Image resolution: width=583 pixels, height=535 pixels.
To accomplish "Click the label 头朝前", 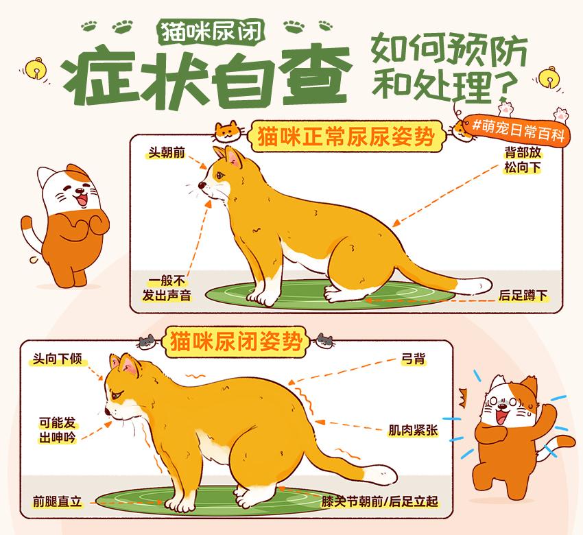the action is click(166, 152).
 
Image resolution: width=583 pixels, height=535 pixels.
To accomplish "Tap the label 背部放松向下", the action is click(523, 160).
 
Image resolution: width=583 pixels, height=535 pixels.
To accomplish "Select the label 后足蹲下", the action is click(523, 296).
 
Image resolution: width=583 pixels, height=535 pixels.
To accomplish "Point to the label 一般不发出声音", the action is click(167, 288).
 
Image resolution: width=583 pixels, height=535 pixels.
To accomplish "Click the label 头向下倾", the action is click(57, 359).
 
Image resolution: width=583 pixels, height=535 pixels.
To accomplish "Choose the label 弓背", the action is click(413, 359).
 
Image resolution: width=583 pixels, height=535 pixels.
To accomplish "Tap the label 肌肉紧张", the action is click(413, 430).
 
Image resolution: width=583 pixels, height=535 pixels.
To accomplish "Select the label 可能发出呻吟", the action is click(57, 430).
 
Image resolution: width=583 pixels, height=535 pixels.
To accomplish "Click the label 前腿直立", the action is click(57, 502).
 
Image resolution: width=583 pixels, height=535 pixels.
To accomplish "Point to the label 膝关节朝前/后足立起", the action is click(379, 502).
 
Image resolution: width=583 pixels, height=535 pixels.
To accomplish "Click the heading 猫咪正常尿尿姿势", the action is click(346, 136).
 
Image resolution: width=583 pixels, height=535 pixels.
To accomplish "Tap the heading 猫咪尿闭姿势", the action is click(236, 342).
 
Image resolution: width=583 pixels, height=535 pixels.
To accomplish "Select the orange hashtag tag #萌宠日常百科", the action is click(517, 130).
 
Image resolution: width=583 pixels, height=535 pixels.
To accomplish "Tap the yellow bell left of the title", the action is click(36, 68).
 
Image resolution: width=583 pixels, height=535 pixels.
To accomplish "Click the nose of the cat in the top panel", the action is click(202, 185).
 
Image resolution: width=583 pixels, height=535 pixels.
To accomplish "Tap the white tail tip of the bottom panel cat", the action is click(379, 474).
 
